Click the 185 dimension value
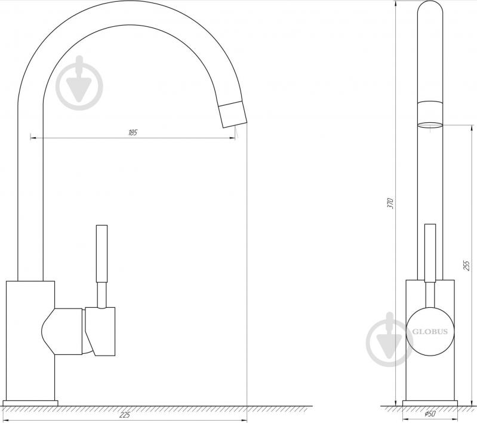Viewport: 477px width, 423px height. tap(133, 132)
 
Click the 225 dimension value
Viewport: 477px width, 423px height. tap(126, 415)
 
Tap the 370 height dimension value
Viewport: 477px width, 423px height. tap(390, 203)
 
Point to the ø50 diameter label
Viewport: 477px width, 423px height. tap(430, 415)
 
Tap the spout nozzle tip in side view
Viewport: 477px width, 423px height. tap(232, 113)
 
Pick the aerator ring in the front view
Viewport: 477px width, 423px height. tap(430, 125)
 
